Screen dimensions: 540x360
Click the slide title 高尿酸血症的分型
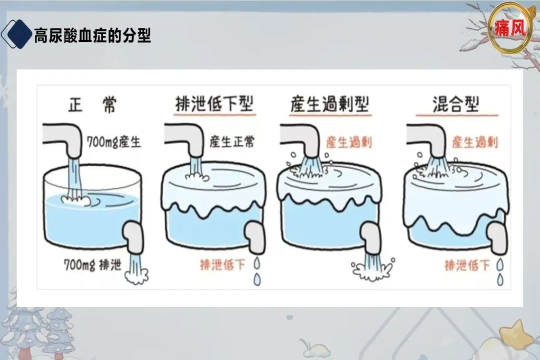coord(92,35)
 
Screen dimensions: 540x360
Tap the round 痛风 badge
coord(510,28)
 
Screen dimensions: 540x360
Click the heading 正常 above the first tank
coord(92,105)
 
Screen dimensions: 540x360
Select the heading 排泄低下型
coord(214,104)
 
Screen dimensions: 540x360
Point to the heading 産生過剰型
coord(329,104)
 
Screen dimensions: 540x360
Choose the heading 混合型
coord(456,104)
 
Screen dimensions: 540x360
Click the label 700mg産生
coord(114,142)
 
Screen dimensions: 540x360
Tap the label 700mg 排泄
coord(92,264)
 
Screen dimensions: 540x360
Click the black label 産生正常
coord(231,141)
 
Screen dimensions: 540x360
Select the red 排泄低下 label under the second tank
coord(222,264)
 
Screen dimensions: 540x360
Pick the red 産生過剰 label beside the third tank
coord(349,142)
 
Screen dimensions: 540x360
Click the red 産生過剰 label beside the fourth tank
coord(475,142)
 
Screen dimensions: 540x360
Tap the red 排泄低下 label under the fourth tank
coord(467,264)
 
